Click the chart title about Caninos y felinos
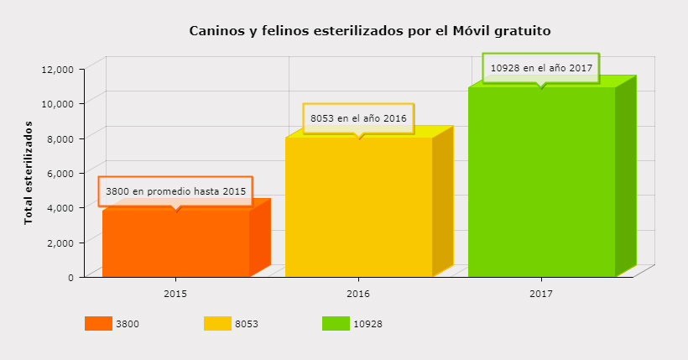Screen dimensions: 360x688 point(370,31)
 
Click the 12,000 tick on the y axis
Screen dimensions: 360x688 point(59,68)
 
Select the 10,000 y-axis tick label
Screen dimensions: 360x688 point(59,102)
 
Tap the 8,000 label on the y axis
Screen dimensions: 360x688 point(61,138)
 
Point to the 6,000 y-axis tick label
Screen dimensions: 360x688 point(61,172)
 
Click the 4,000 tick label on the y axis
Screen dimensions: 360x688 point(61,207)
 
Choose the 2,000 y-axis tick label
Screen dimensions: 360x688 point(61,242)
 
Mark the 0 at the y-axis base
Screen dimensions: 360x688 point(72,277)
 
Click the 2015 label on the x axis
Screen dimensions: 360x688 point(175,295)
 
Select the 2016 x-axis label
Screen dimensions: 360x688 point(358,295)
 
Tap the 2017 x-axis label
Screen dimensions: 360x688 point(541,295)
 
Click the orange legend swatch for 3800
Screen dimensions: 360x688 point(98,324)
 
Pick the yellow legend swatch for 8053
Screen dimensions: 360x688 point(217,324)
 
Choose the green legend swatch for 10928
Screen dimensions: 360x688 point(336,324)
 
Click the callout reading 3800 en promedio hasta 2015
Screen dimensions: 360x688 point(175,191)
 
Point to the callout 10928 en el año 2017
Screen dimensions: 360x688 point(541,68)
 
